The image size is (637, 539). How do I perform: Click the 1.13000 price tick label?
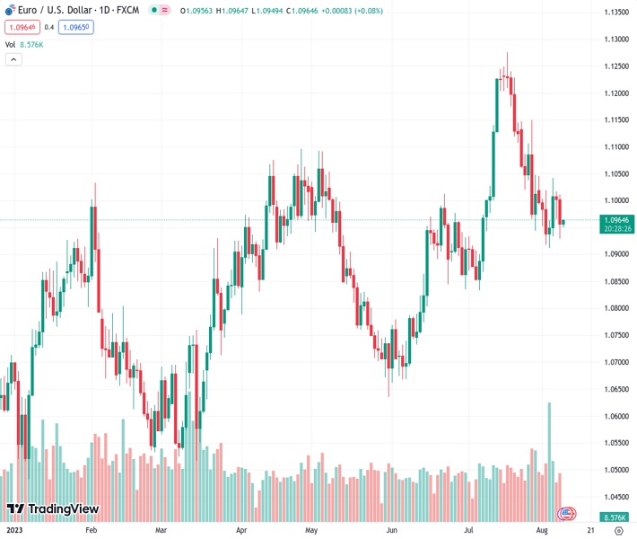615,39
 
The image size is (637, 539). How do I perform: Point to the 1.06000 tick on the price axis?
615,416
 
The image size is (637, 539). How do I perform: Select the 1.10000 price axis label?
615,200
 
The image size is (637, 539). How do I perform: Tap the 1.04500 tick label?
615,497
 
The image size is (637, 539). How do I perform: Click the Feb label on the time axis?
91,530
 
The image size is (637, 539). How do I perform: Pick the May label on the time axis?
311,530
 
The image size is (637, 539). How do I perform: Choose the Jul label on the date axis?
469,530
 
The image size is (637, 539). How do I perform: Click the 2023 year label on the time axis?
14,530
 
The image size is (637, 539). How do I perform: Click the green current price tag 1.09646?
615,219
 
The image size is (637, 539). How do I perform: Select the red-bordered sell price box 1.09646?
22,27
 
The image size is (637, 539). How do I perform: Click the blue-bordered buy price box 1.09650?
76,27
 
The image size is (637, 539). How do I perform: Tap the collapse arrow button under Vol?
13,59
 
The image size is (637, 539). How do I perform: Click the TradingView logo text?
63,509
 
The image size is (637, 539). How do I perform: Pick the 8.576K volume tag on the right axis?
615,518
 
